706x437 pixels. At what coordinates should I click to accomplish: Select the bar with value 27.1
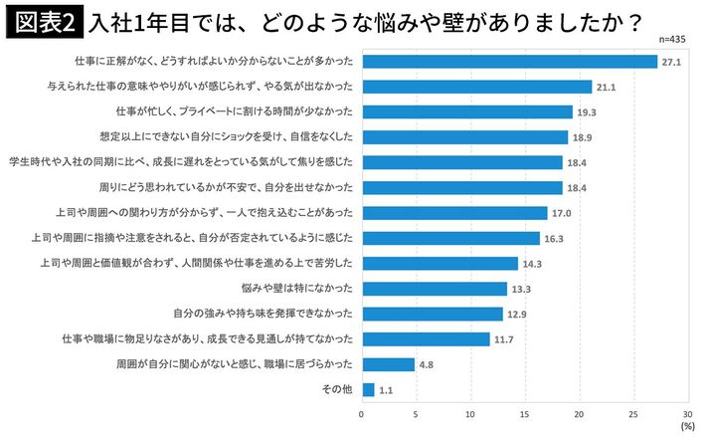[x=510, y=62]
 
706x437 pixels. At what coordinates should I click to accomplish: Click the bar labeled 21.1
[x=477, y=87]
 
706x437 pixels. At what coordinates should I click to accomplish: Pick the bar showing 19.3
[x=467, y=111]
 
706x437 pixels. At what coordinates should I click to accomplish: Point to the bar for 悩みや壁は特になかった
[x=435, y=289]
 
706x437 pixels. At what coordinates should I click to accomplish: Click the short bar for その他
[x=368, y=390]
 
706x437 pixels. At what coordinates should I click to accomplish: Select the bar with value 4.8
[x=388, y=364]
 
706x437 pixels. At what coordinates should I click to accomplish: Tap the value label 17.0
[x=564, y=213]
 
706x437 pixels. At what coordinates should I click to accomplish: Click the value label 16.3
[x=556, y=238]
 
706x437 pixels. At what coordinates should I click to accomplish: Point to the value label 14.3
[x=534, y=264]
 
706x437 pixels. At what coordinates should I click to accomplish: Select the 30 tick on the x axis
[x=687, y=414]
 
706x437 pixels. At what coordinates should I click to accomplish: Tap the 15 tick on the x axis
[x=525, y=414]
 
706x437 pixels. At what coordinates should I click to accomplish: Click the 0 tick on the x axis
[x=362, y=414]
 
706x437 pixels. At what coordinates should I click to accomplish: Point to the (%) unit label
[x=687, y=426]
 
